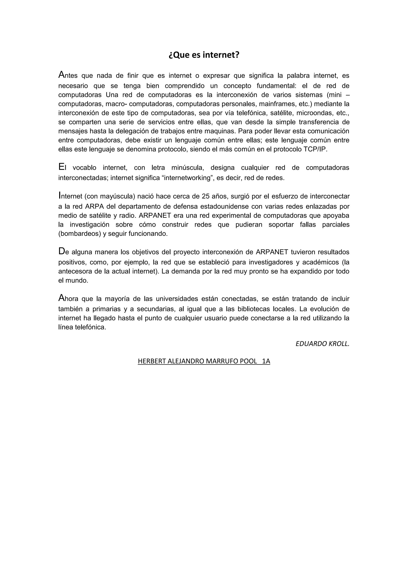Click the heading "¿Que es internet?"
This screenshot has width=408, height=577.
(x=204, y=55)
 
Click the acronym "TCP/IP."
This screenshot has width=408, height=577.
(x=315, y=149)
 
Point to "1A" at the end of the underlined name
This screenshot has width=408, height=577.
(x=266, y=361)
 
